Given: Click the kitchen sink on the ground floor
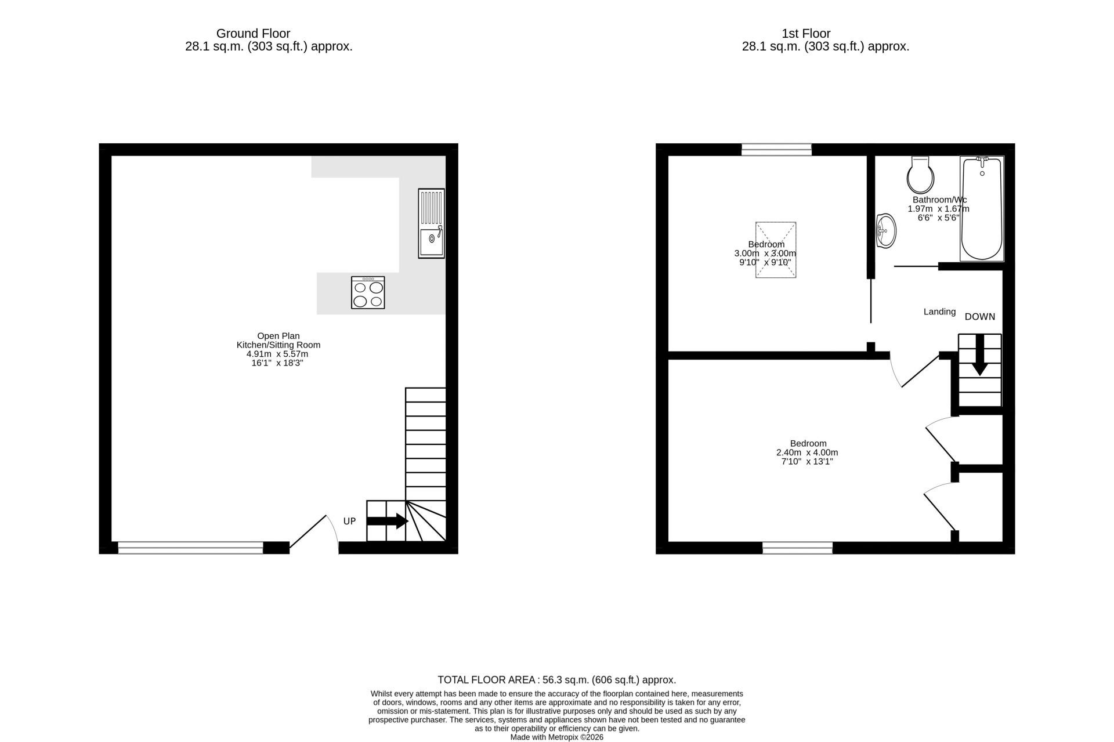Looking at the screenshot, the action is point(431,223).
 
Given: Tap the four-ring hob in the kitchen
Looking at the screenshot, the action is point(368,292).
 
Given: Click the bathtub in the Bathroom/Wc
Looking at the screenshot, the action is point(982,208).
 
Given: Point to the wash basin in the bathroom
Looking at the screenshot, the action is point(885,231).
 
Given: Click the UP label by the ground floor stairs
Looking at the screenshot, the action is point(349,521).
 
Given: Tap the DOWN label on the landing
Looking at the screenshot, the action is point(980,317).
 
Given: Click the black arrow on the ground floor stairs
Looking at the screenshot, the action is point(388,521).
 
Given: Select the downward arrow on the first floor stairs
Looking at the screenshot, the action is point(980,355).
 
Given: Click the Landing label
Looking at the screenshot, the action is point(939,312).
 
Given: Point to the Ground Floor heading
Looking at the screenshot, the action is point(253,34).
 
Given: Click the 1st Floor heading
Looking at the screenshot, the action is point(806,34).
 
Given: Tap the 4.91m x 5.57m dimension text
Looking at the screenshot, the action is point(277,354).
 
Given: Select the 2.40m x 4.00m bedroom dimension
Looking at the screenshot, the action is point(807,453).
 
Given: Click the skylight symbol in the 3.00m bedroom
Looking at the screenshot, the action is point(775,250).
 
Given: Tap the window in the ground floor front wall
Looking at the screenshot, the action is point(190,547).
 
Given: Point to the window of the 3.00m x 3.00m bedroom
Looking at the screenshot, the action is point(776,150).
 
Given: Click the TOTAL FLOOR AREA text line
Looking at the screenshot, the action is point(557,680).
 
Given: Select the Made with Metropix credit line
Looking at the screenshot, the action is point(557,737).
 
